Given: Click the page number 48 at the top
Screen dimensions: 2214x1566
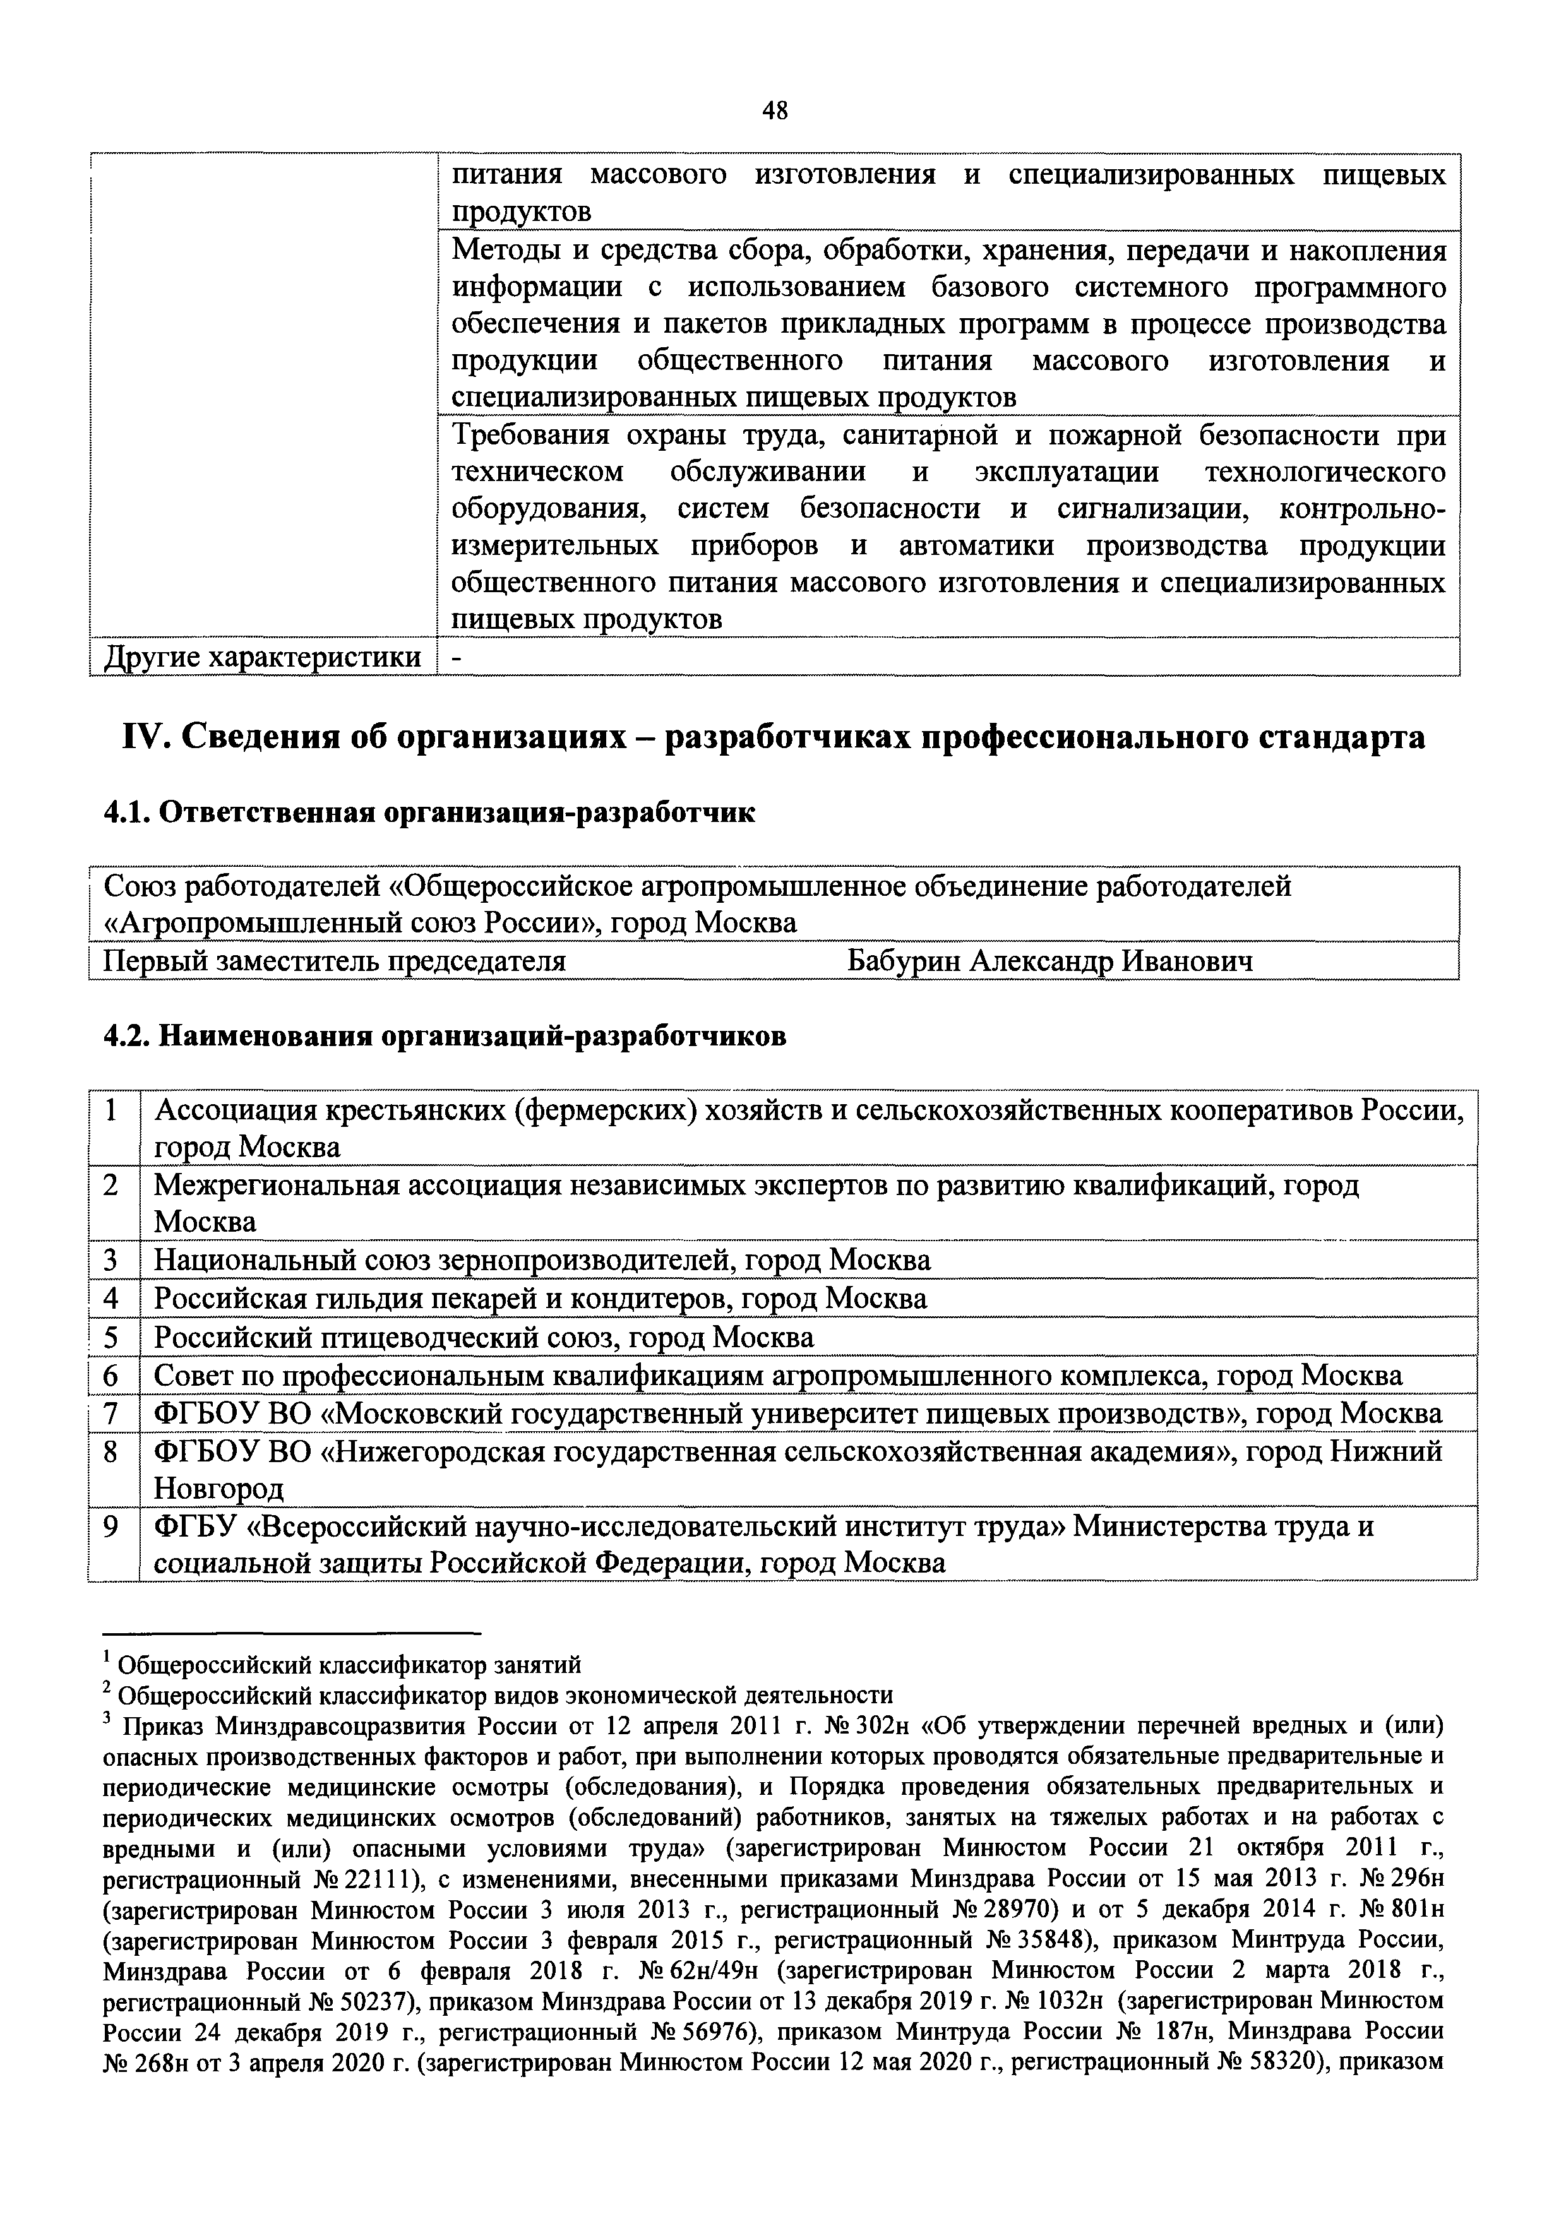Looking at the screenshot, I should pos(774,111).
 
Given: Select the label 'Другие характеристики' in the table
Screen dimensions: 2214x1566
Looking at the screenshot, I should pos(262,658).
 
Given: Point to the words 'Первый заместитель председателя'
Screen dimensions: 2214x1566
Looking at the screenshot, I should pos(333,961).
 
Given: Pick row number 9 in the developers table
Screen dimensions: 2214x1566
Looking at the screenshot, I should pos(112,1527).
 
